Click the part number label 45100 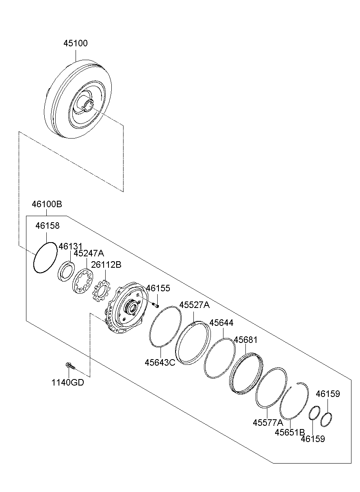pos(75,43)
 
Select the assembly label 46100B pos(47,204)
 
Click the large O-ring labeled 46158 pos(45,258)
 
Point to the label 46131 pos(70,247)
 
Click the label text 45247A pos(88,254)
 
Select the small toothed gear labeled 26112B pos(101,291)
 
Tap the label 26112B pos(106,265)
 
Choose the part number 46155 pos(158,288)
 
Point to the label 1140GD pos(67,382)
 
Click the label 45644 pos(221,323)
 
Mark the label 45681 pos(245,340)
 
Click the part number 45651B pos(289,432)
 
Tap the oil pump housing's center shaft pos(130,308)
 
